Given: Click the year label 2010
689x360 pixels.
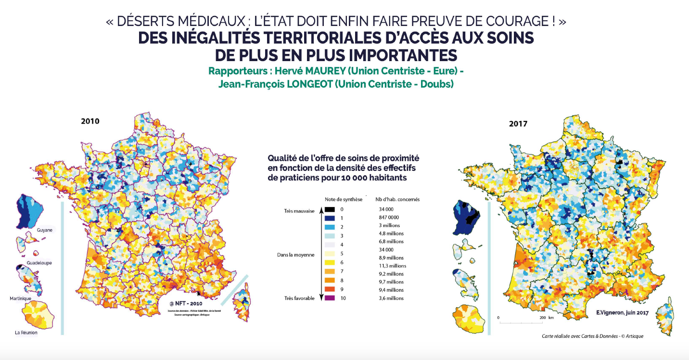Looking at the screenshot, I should (x=90, y=121).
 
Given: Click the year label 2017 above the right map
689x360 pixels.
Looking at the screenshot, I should (x=518, y=124).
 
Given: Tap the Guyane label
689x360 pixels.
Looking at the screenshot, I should (x=44, y=230).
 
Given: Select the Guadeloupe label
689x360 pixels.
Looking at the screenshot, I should (x=39, y=263).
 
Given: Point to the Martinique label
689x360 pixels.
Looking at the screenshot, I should (x=21, y=298).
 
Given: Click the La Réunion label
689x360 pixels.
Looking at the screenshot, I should (x=26, y=332).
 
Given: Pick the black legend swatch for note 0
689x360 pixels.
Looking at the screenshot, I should (x=329, y=209).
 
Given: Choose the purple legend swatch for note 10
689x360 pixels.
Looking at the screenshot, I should (x=329, y=298).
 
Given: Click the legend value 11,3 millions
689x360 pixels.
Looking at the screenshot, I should (x=393, y=266).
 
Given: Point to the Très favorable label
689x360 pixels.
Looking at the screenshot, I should (x=299, y=298).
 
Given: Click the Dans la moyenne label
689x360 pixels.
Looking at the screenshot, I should (x=295, y=255).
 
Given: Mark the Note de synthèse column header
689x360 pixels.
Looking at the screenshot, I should (x=344, y=199).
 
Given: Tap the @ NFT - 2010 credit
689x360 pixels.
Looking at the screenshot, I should (x=186, y=304).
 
